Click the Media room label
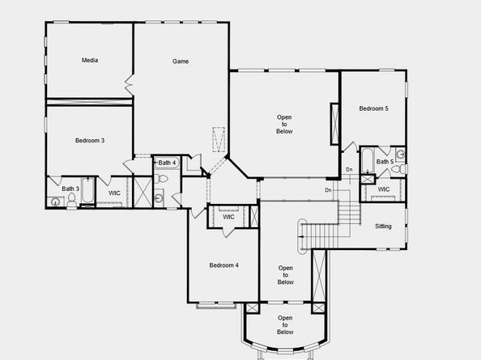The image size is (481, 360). click(x=90, y=61)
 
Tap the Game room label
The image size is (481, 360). click(x=181, y=61)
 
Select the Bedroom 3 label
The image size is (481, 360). click(x=90, y=140)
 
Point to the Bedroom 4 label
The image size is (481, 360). click(x=224, y=265)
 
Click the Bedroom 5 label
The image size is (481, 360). click(x=373, y=108)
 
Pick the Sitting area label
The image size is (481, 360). click(x=384, y=227)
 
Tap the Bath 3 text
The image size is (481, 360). click(x=70, y=188)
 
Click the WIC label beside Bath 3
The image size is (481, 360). click(x=114, y=193)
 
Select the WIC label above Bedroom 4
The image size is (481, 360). click(x=228, y=217)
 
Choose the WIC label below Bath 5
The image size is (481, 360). click(x=384, y=189)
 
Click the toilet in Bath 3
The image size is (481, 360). click(x=72, y=200)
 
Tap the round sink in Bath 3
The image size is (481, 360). click(x=55, y=202)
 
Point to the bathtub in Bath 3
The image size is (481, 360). click(x=88, y=191)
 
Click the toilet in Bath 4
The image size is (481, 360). click(x=161, y=178)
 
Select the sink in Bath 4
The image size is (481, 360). click(x=158, y=198)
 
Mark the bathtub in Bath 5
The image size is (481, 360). click(x=367, y=160)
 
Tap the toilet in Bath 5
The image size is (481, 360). click(x=398, y=169)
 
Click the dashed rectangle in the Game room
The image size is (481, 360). click(x=219, y=139)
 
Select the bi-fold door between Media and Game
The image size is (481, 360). click(x=129, y=85)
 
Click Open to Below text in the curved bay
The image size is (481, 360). click(x=285, y=324)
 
